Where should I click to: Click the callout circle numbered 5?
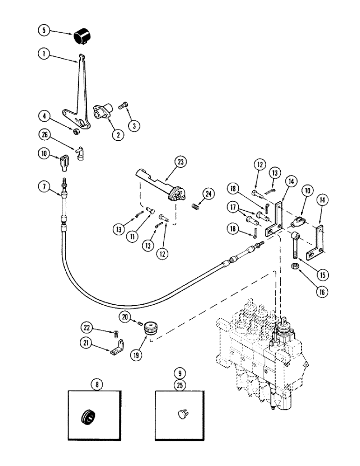44,31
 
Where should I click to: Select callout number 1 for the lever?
44,55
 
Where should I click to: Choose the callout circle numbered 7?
44,187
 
